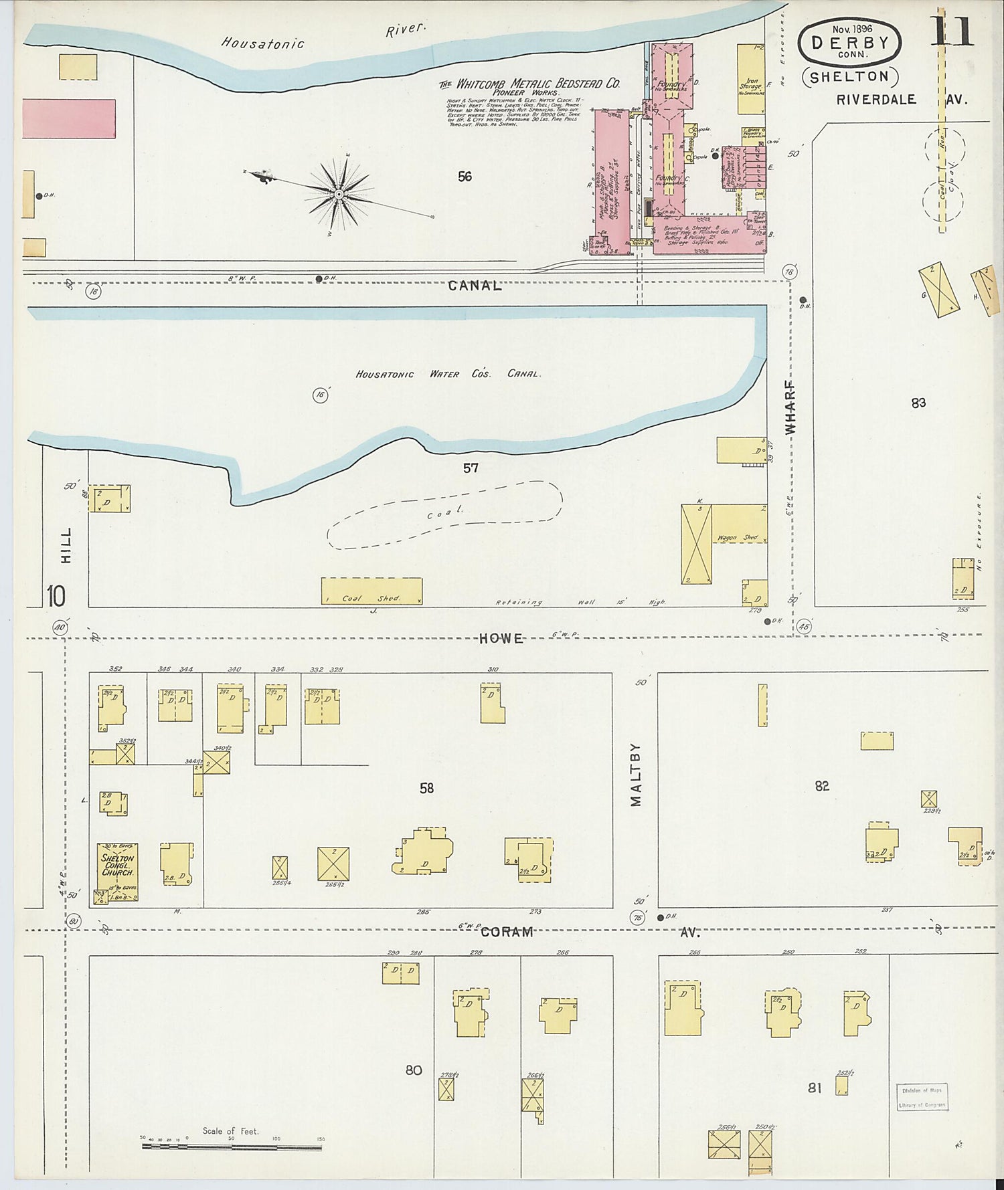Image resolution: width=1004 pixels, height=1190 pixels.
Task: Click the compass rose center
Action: coord(339,195)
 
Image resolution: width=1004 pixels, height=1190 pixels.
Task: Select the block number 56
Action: coord(465,177)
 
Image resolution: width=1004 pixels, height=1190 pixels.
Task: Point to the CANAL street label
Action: coord(475,286)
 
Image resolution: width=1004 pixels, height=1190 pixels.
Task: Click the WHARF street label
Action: coord(790,407)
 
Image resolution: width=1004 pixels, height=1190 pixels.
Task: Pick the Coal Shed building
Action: coord(371,591)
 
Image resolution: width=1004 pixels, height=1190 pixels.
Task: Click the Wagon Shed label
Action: coord(739,538)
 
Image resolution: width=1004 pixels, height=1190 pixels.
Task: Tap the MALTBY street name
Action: coord(636,774)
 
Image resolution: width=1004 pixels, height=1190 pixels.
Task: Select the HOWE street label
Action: coord(501,639)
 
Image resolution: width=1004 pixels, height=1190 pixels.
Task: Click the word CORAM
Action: coord(507,932)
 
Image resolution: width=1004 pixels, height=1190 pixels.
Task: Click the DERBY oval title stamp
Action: coord(849,43)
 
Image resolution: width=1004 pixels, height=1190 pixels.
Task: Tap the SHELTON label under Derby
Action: coord(849,77)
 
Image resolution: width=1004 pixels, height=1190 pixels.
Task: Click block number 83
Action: coord(918,403)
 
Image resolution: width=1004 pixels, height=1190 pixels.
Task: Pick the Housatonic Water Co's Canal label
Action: coord(448,374)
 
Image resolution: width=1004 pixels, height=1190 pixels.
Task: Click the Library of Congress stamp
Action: coord(922,1097)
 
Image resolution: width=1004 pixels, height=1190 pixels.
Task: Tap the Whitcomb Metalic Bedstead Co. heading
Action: coord(529,84)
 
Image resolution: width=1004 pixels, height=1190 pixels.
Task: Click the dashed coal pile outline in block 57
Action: coord(444,514)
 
